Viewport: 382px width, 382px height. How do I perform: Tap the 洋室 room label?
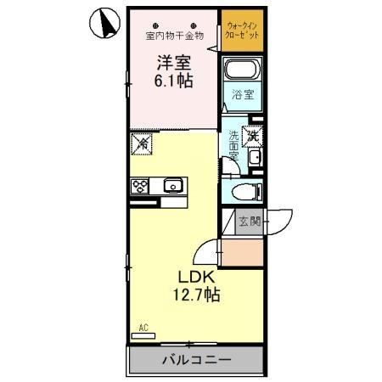click(173, 62)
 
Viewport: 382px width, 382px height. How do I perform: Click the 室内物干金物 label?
click(174, 36)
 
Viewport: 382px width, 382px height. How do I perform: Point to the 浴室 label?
click(243, 96)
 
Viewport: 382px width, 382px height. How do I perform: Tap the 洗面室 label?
click(233, 148)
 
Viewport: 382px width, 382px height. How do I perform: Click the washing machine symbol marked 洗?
click(252, 133)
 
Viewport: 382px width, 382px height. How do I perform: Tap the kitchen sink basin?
click(174, 185)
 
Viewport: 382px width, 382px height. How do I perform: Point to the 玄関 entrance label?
click(249, 222)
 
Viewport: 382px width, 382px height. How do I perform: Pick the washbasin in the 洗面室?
click(255, 160)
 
